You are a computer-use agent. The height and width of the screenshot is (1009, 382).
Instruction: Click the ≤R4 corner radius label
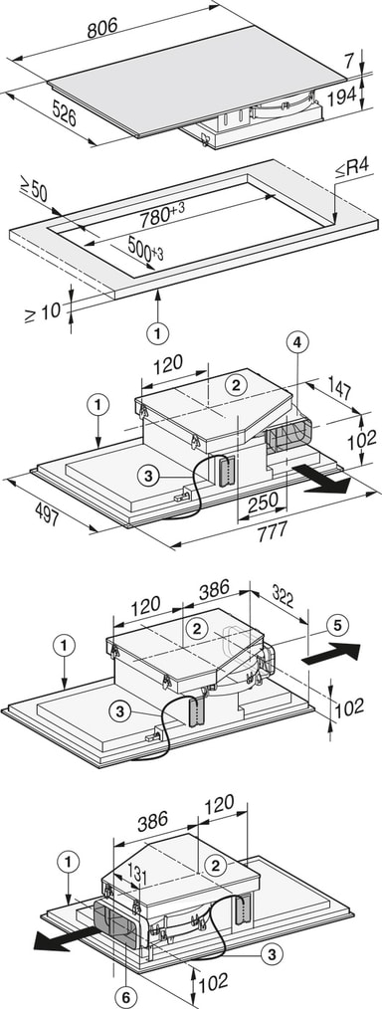coord(355,169)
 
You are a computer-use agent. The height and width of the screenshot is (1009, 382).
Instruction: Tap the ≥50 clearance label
coord(35,188)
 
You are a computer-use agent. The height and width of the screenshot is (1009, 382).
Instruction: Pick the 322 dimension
coord(285,599)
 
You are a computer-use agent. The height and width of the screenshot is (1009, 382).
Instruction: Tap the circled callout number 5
coord(337,625)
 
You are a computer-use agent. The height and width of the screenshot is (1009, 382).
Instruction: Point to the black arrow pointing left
coord(59,937)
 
